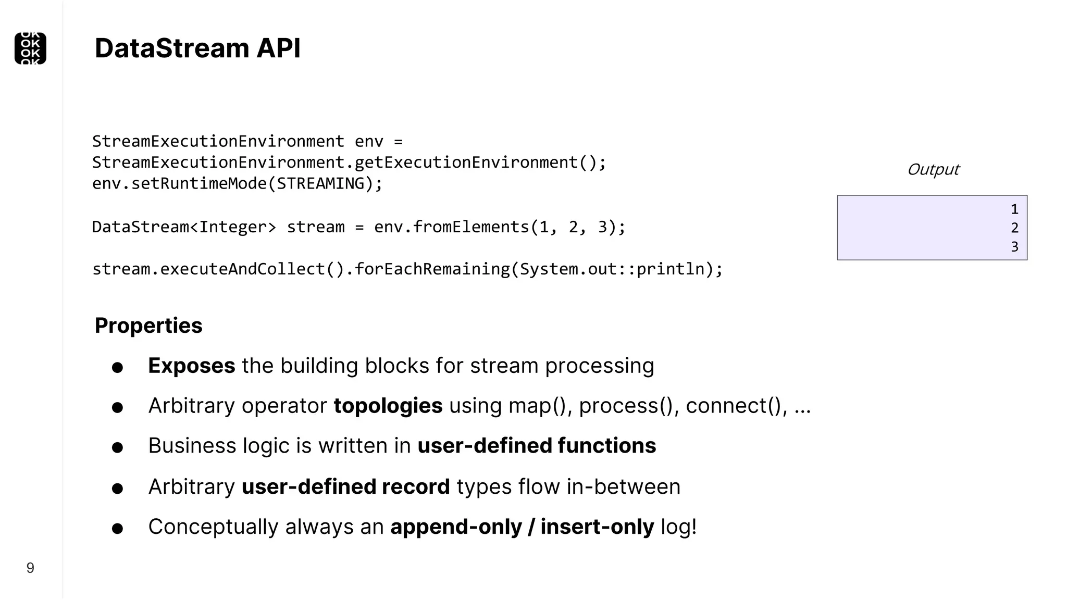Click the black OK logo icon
30,48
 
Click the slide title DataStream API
197,48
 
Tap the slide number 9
30,568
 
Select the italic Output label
933,169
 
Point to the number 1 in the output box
1014,209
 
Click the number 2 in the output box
1014,228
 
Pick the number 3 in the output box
1014,246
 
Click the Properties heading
148,326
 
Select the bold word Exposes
191,366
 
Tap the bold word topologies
388,406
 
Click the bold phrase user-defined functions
537,446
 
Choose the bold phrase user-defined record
345,486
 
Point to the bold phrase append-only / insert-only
522,527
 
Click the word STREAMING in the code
320,183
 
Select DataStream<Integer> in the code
184,227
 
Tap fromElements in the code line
470,227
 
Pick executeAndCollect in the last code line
242,269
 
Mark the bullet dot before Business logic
117,447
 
